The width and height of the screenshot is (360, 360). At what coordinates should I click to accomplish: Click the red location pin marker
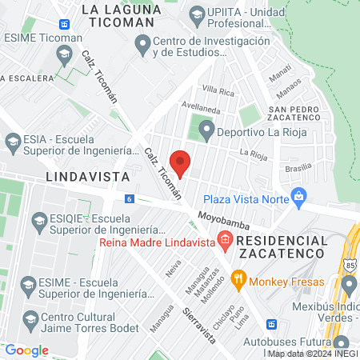(x=181, y=164)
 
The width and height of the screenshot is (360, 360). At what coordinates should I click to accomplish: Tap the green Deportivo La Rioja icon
(x=206, y=129)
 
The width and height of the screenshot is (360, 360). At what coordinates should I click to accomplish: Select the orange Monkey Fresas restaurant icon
(x=238, y=281)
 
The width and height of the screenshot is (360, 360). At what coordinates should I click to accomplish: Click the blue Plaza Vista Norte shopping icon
(x=299, y=196)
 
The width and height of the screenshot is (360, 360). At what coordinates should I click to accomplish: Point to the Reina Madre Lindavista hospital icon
(x=226, y=240)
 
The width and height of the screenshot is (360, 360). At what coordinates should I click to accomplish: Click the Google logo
(x=26, y=350)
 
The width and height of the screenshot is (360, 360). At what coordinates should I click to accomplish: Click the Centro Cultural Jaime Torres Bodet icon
(x=30, y=318)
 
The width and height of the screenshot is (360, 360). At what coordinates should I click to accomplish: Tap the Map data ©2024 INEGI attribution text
(x=312, y=354)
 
